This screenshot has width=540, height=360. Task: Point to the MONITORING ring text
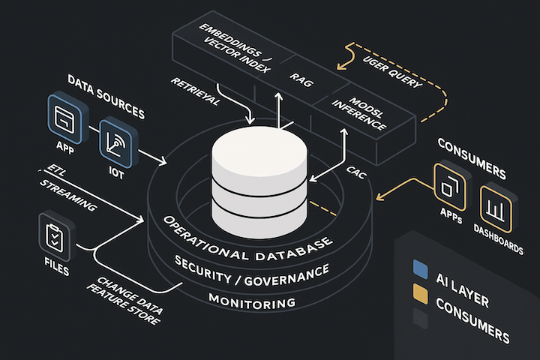(252, 303)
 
